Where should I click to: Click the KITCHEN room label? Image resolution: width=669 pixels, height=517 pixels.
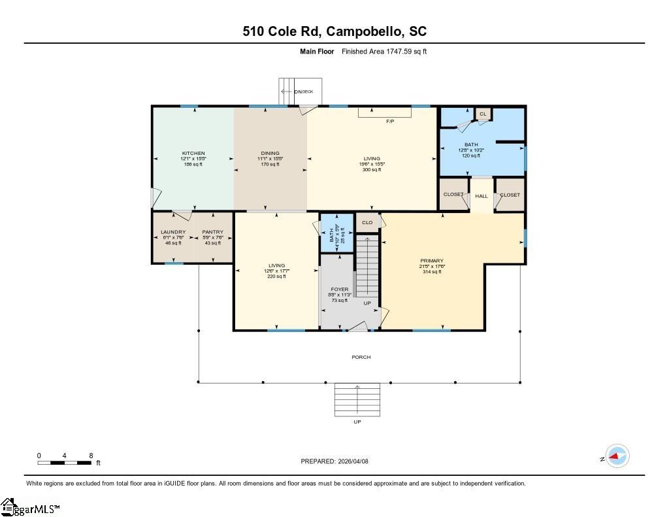coord(193,153)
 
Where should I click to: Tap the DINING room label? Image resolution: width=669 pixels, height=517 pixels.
coord(270,153)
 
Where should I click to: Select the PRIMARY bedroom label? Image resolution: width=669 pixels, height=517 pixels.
coord(431,261)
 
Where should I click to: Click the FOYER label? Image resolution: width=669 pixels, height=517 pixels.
coord(340,289)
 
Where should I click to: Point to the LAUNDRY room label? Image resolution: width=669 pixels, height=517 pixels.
coord(173,232)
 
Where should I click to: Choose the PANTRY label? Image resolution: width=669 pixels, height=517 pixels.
coord(212,232)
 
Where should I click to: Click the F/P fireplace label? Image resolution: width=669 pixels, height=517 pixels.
coord(390,122)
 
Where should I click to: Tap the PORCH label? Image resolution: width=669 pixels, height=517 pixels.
coord(361,357)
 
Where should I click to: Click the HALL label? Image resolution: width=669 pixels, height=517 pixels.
coord(481,196)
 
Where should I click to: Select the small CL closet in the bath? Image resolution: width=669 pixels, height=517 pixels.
coord(483,114)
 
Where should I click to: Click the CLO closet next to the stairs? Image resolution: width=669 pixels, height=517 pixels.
coord(367,222)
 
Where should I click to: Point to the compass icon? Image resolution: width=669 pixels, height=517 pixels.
coord(617,456)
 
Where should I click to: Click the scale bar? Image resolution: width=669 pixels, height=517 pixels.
coord(64,463)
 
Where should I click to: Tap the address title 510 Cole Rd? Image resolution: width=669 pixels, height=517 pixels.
coord(334,31)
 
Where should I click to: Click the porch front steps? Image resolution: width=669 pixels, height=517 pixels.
coord(357,399)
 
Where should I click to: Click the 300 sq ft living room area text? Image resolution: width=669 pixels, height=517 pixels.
coord(371,169)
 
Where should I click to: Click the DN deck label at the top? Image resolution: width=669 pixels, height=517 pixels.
coord(302,92)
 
